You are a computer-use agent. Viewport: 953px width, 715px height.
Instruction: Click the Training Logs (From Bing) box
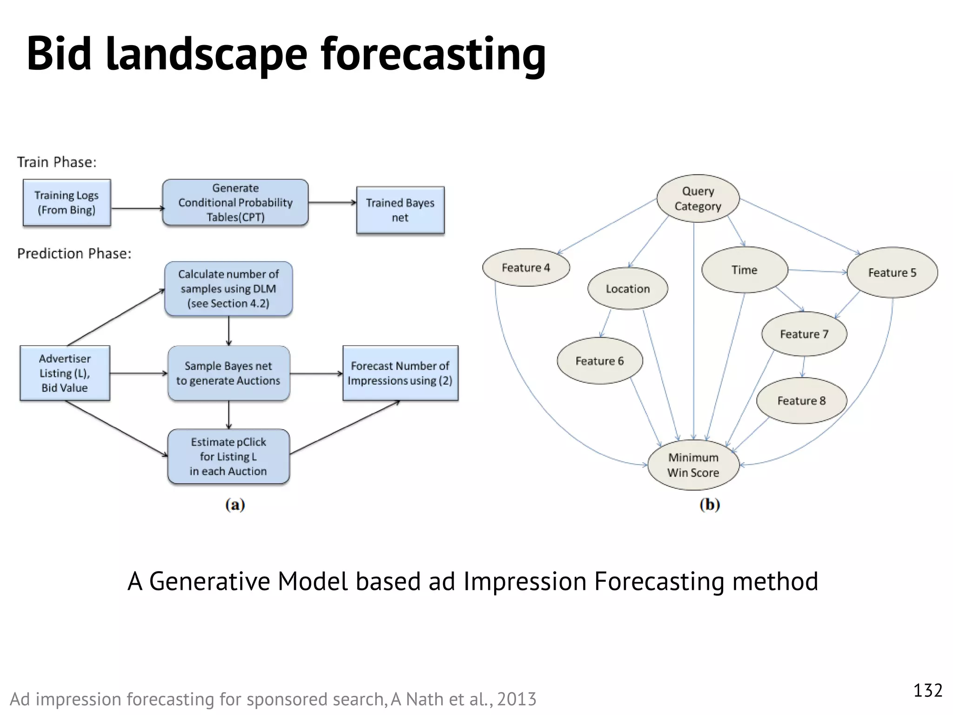pyautogui.click(x=67, y=202)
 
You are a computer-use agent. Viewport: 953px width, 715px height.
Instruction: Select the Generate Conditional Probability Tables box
pyautogui.click(x=235, y=202)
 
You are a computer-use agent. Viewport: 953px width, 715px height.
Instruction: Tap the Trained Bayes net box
pyautogui.click(x=400, y=210)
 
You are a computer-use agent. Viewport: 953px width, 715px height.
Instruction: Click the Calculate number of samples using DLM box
pyautogui.click(x=228, y=289)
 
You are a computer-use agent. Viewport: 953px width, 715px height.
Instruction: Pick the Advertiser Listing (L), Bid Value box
pyautogui.click(x=65, y=373)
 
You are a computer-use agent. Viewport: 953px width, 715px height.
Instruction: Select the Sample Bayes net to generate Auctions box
pyautogui.click(x=228, y=373)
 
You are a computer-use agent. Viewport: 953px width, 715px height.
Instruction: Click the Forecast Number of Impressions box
pyautogui.click(x=400, y=373)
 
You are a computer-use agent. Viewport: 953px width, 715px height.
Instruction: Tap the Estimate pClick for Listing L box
pyautogui.click(x=228, y=456)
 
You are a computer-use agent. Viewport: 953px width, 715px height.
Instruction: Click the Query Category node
pyautogui.click(x=698, y=198)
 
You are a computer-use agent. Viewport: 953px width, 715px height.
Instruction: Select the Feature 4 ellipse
pyautogui.click(x=526, y=268)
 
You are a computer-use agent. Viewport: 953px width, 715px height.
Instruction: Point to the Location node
pyautogui.click(x=628, y=289)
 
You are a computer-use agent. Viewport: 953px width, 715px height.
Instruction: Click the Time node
pyautogui.click(x=745, y=270)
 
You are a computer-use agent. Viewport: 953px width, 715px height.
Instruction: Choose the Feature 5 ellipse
pyautogui.click(x=892, y=272)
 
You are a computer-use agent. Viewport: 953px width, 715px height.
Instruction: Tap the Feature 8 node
pyautogui.click(x=801, y=400)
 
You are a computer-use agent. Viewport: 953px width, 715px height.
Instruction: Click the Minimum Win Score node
pyautogui.click(x=693, y=465)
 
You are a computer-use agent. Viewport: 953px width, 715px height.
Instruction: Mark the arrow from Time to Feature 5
pyautogui.click(x=817, y=271)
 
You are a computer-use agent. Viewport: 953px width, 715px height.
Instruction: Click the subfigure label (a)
pyautogui.click(x=235, y=505)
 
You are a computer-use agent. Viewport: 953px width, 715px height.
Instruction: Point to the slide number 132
pyautogui.click(x=927, y=690)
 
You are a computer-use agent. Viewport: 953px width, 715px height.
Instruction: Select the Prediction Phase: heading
pyautogui.click(x=74, y=254)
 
